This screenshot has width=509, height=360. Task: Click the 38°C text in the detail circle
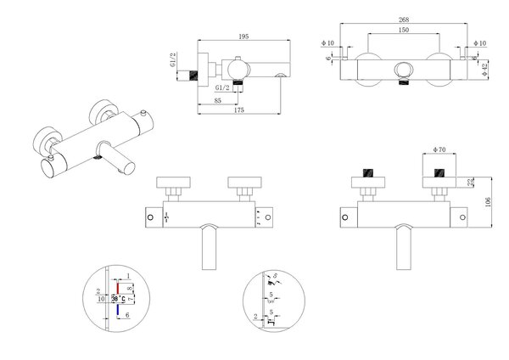(x=119, y=298)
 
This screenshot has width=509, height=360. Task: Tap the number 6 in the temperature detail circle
(x=128, y=314)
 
